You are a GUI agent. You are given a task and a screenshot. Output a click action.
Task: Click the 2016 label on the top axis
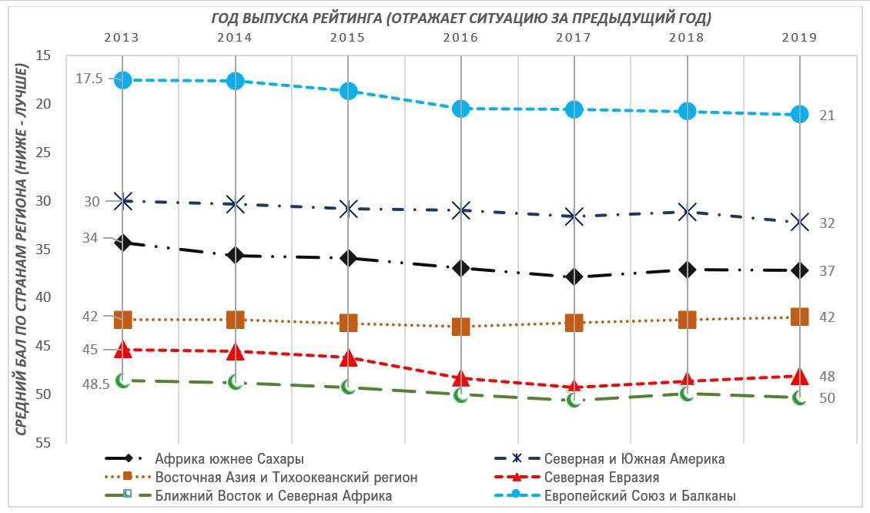pyautogui.click(x=460, y=37)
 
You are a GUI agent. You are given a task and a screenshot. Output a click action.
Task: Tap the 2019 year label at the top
pyautogui.click(x=799, y=37)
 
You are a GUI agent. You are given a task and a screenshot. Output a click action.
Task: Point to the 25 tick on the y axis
pyautogui.click(x=43, y=152)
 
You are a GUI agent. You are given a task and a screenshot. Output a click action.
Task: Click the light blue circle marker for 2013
pyautogui.click(x=122, y=79)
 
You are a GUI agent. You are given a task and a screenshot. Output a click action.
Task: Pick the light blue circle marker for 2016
pyautogui.click(x=461, y=109)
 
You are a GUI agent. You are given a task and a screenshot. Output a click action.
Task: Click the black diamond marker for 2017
pyautogui.click(x=574, y=277)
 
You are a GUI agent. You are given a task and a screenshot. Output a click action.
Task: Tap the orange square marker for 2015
pyautogui.click(x=348, y=322)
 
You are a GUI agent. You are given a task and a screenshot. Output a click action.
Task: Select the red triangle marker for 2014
pyautogui.click(x=236, y=351)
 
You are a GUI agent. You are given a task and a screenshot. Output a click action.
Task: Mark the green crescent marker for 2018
pyautogui.click(x=687, y=394)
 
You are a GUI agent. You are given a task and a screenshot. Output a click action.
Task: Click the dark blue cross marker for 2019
pyautogui.click(x=799, y=222)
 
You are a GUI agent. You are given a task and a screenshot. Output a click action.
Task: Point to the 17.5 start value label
pyautogui.click(x=89, y=79)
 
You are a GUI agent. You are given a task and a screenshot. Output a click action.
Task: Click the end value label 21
pyautogui.click(x=827, y=116)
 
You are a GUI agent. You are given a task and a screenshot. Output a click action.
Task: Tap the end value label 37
pyautogui.click(x=827, y=271)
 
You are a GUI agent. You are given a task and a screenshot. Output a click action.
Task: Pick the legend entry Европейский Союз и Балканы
pyautogui.click(x=639, y=496)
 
